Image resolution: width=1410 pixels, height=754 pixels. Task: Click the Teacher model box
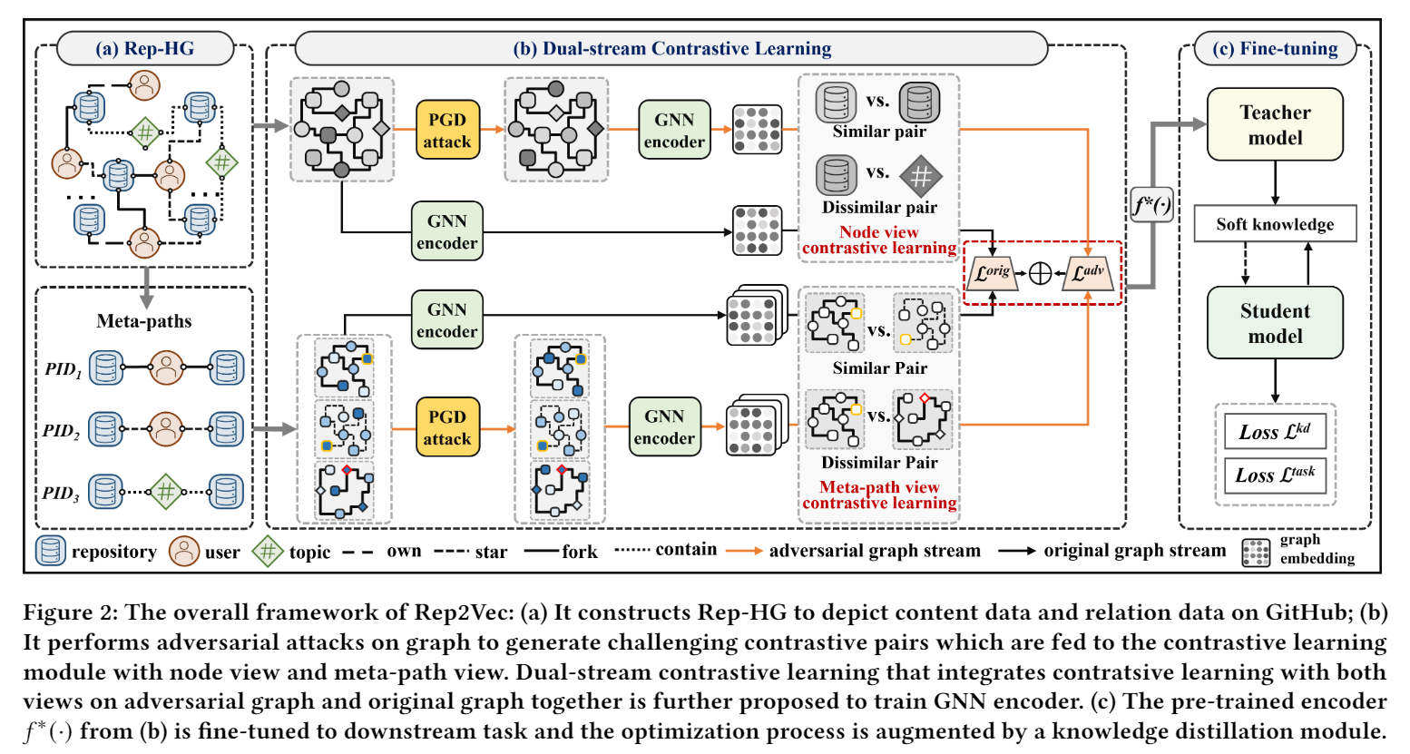click(x=1274, y=124)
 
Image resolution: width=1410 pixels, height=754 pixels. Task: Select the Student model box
click(x=1274, y=323)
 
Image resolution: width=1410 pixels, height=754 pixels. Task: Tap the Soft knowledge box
click(x=1274, y=224)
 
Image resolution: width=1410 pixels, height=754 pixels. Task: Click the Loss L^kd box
click(x=1274, y=432)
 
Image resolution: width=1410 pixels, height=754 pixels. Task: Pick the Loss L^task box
click(x=1274, y=475)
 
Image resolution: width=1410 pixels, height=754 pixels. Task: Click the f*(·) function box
click(x=1151, y=206)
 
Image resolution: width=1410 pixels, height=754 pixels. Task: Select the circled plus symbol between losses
click(x=1040, y=273)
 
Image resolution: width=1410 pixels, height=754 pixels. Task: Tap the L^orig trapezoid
click(x=993, y=273)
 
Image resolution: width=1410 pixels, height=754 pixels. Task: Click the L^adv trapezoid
click(x=1088, y=273)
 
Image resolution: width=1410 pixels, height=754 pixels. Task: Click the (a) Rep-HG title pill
click(x=145, y=49)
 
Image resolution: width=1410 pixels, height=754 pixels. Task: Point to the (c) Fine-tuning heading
click(x=1275, y=49)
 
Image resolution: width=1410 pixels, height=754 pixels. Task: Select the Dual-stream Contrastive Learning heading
click(x=671, y=49)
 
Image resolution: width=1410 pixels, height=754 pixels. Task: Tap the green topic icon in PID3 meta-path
click(x=165, y=492)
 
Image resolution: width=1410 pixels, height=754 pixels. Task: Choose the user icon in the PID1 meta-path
click(x=165, y=367)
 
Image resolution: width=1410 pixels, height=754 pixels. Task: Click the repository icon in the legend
click(x=51, y=551)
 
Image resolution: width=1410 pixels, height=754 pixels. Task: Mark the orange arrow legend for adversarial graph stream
click(x=743, y=551)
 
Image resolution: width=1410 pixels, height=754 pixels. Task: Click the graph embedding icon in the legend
click(x=1256, y=552)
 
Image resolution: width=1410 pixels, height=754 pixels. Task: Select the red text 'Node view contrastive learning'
click(x=878, y=240)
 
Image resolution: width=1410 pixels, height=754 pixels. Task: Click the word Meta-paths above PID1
click(x=144, y=321)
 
